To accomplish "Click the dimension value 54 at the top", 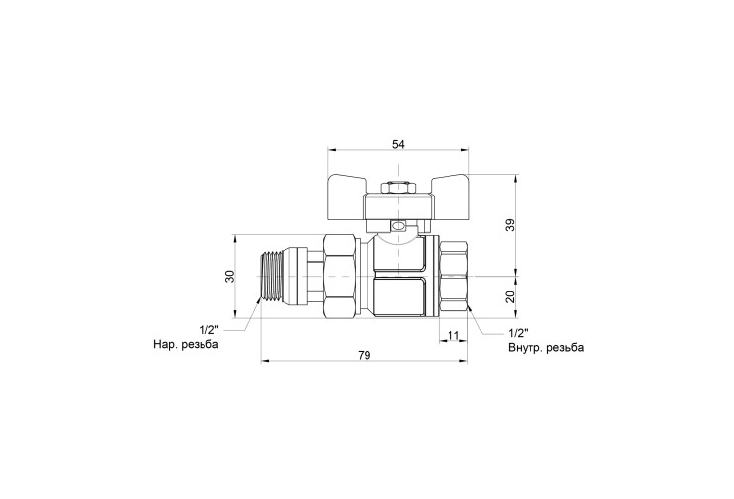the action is (x=398, y=144).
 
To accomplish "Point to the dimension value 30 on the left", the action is (x=229, y=277).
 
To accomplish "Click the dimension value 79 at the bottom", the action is (x=364, y=355).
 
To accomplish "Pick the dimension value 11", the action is (x=453, y=335).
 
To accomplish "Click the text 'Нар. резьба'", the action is (x=186, y=345).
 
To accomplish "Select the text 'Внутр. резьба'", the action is (x=546, y=348).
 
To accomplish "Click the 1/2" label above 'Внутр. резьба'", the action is (x=518, y=333).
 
